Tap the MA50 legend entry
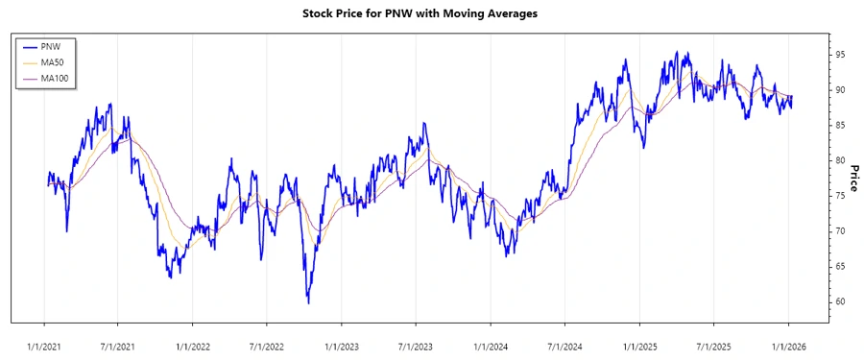click(54, 62)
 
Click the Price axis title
click(853, 178)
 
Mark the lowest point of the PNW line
click(308, 303)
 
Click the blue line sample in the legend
click(30, 47)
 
